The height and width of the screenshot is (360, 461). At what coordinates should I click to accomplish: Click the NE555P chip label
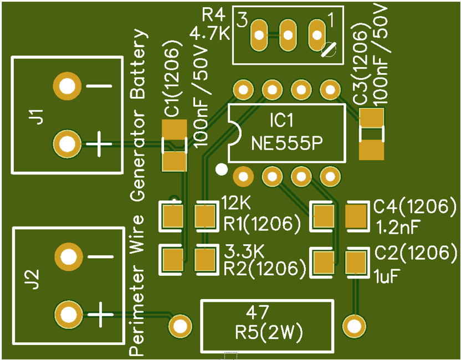[286, 143]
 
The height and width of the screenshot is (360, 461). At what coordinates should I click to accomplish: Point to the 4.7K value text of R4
[209, 34]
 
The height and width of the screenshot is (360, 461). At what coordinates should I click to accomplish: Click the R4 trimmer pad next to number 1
[317, 34]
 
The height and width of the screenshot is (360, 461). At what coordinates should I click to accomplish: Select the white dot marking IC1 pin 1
[222, 169]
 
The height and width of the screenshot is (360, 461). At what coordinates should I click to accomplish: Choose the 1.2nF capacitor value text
[397, 227]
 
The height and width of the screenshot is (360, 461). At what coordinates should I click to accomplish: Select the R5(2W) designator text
[268, 333]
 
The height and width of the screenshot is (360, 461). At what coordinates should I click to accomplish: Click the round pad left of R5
[180, 326]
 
